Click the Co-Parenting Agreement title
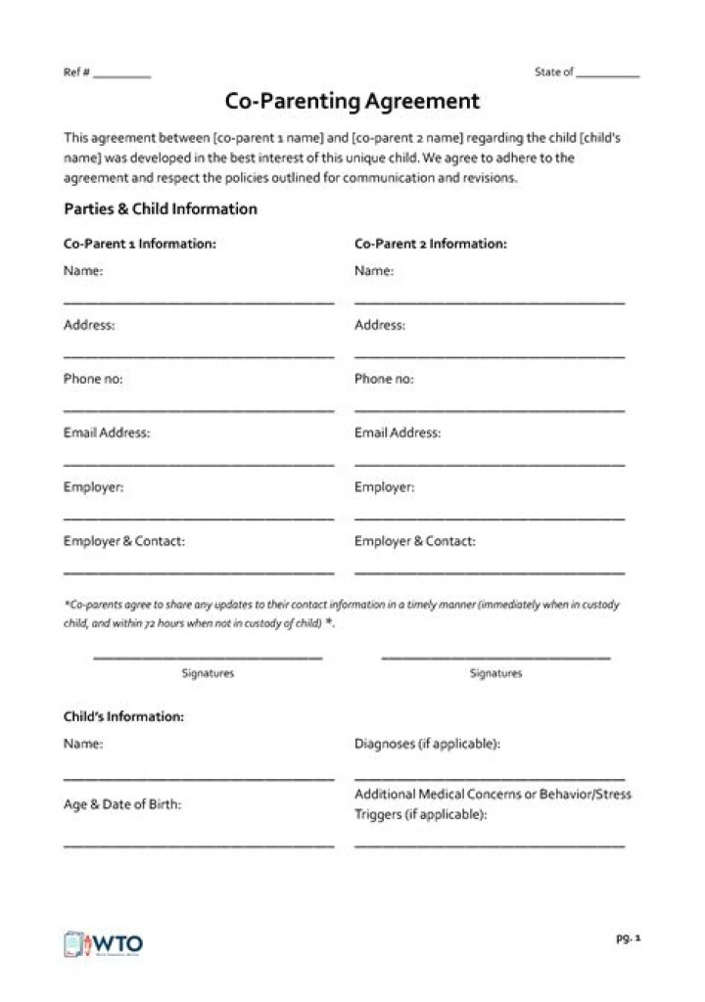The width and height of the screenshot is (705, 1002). pos(352,101)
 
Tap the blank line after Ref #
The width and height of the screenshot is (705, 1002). pos(122,77)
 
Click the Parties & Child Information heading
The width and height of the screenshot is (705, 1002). pos(161,209)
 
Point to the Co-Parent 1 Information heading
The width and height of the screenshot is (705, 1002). pos(140,244)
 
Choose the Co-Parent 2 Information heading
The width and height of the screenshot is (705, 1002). pos(431,244)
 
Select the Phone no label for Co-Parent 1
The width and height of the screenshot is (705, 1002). pos(93,379)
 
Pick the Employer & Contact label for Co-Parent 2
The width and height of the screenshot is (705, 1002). pos(415,541)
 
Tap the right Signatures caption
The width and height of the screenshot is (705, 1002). pos(495,673)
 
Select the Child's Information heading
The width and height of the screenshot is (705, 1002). pos(123,717)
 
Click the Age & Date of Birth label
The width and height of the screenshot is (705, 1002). pos(122,804)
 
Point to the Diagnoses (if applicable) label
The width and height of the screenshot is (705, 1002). pos(428,744)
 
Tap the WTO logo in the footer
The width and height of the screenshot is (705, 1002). pos(104,944)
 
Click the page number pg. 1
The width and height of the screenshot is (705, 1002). pos(628,938)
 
